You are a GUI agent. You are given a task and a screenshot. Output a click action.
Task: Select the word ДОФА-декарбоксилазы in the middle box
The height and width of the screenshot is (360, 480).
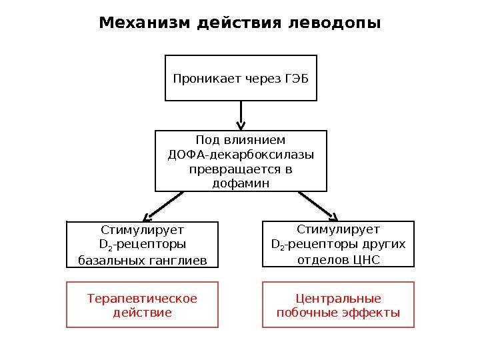[241, 155]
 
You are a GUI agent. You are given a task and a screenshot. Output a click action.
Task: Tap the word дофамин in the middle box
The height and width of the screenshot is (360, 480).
[241, 183]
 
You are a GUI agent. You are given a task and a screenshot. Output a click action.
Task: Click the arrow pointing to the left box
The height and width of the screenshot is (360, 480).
[163, 206]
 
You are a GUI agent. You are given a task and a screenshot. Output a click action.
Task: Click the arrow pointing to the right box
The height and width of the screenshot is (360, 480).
[319, 206]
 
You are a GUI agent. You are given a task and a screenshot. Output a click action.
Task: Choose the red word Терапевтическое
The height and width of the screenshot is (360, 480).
[142, 298]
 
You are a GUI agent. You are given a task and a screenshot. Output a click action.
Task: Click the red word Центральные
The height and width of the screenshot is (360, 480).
[338, 298]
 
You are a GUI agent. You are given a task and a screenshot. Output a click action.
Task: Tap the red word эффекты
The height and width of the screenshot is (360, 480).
[371, 312]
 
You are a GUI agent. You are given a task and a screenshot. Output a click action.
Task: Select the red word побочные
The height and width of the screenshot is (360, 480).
[307, 312]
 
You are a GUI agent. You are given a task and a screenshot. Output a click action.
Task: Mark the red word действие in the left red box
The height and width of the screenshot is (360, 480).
[142, 312]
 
